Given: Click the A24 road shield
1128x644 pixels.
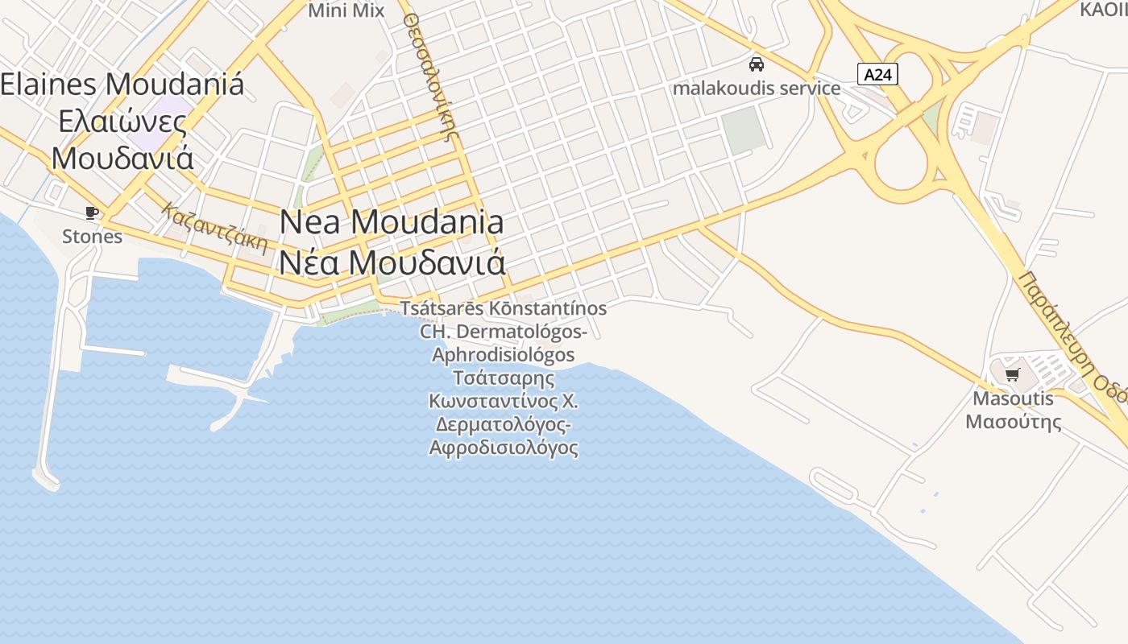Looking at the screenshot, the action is [877, 75].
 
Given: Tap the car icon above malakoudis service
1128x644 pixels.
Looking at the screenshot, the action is [756, 64].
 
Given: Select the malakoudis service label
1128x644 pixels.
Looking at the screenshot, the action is [756, 88].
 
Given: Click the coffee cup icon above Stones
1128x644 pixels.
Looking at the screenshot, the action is [92, 213].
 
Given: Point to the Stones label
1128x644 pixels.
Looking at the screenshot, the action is [92, 236].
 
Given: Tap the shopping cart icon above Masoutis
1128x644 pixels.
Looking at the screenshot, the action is [1013, 374].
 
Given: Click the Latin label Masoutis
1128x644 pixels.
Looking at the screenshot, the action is [1013, 398].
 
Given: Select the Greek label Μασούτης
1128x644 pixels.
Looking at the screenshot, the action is [1013, 421].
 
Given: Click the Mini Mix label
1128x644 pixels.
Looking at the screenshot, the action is [346, 10].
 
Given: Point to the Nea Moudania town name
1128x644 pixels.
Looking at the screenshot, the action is [392, 222].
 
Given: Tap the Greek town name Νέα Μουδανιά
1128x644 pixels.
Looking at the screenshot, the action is [392, 262].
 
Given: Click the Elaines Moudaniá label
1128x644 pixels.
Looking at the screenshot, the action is [122, 85].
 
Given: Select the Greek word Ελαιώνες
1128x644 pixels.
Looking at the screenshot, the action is [122, 122].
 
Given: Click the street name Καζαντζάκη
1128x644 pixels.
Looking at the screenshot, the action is [214, 227].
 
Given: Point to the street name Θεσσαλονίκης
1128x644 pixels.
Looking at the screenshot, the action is [429, 76].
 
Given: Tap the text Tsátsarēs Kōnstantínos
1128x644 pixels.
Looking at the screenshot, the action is [504, 308].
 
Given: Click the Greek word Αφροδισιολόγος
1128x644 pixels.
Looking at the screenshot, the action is [504, 448].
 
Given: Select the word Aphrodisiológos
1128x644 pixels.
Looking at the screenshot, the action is [504, 355].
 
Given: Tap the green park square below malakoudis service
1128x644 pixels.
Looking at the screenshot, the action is [742, 129].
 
